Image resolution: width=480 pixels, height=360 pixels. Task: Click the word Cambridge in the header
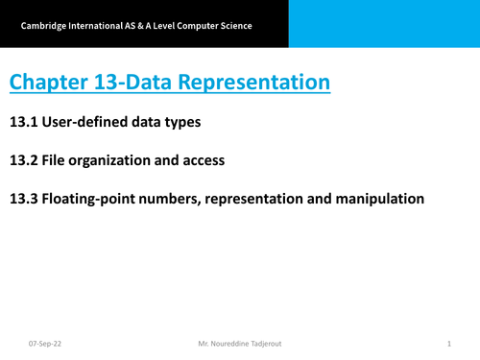coord(41,25)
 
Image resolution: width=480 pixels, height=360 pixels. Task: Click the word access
coord(204,160)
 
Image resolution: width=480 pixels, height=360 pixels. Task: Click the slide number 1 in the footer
coord(449,342)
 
